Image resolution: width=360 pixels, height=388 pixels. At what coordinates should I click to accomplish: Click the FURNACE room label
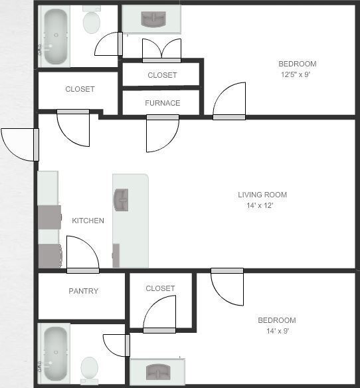click(162, 103)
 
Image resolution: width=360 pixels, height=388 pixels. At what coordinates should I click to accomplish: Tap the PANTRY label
click(84, 291)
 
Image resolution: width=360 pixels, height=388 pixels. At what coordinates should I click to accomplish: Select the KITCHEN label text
click(88, 221)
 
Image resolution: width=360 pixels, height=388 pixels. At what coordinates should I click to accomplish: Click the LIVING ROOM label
click(262, 195)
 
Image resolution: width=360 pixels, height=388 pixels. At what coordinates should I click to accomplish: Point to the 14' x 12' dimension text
click(260, 206)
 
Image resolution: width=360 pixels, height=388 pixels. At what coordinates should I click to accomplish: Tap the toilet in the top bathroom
click(92, 21)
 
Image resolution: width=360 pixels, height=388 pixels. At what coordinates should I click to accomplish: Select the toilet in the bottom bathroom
click(89, 367)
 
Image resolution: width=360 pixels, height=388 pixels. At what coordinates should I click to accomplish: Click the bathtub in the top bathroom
click(56, 36)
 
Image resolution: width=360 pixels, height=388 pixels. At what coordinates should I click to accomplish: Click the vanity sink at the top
click(151, 19)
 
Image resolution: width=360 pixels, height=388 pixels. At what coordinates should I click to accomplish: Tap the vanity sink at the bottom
click(157, 371)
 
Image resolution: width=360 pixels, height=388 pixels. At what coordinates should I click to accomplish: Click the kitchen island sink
click(122, 199)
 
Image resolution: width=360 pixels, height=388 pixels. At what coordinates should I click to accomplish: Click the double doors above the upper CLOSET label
click(161, 50)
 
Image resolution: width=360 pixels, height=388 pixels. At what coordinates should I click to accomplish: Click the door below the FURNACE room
click(161, 133)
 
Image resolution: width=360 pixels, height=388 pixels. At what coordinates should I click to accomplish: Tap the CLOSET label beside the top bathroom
click(80, 89)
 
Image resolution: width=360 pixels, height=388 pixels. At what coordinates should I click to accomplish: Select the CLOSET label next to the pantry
click(160, 288)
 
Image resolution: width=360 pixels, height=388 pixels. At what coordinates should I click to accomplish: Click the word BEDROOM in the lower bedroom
click(277, 320)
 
